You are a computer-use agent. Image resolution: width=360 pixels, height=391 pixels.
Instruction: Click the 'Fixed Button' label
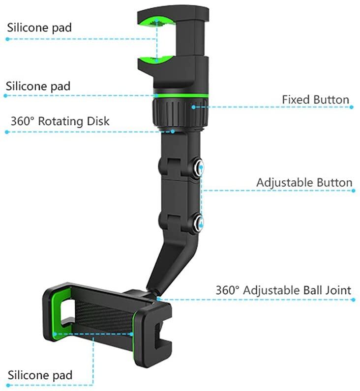click(315, 100)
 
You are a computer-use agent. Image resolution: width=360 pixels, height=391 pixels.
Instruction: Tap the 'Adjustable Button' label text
click(304, 183)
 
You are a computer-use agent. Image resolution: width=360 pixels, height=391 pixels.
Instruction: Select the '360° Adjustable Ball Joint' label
click(283, 290)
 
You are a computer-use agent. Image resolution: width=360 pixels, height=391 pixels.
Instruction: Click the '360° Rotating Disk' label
click(60, 121)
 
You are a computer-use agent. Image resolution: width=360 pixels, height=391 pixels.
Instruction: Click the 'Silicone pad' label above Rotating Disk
click(38, 86)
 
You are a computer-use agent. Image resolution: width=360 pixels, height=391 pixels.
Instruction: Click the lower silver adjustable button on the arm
click(198, 223)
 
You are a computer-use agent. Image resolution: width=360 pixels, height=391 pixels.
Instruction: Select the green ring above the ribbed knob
click(181, 95)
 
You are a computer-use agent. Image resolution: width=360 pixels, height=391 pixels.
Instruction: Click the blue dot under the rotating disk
click(173, 131)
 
